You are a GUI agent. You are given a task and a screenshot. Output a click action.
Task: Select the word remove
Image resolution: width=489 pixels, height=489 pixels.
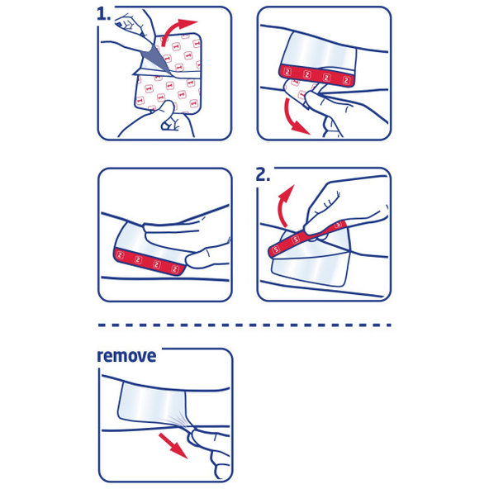[126, 357]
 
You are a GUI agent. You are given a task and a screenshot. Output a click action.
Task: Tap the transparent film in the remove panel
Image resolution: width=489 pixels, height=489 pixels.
[149, 406]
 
